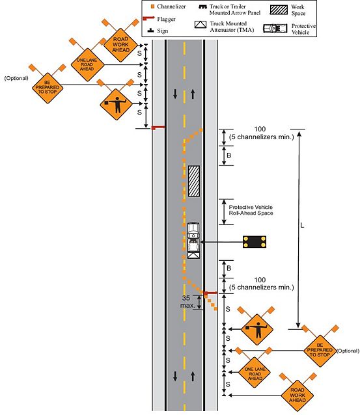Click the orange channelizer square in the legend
tap(152, 7)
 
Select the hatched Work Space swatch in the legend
tap(279, 10)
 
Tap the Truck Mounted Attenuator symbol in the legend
tap(201, 25)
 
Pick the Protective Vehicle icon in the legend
tap(275, 29)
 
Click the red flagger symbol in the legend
tap(148, 18)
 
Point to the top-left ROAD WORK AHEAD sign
tap(120, 45)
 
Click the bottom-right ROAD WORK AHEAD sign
tap(298, 395)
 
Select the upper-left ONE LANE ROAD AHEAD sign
tap(87, 64)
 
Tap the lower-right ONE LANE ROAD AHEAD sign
tap(255, 373)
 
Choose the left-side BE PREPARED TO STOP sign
tap(48, 88)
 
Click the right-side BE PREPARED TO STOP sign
tap(320, 351)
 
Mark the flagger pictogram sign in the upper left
tap(116, 104)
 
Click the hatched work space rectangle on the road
tap(194, 181)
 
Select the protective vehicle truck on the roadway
tap(193, 241)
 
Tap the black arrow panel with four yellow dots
tap(255, 242)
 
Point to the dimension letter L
tap(302, 226)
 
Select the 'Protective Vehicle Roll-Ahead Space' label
tap(251, 210)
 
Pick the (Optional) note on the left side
tap(16, 78)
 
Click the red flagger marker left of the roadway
tap(158, 128)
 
